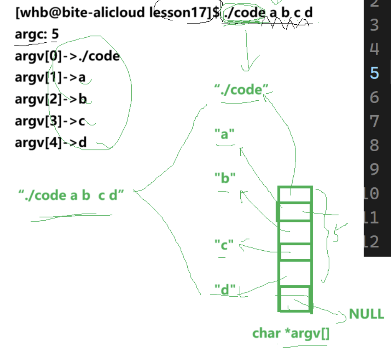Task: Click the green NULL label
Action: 366,314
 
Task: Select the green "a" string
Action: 224,134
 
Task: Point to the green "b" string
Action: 225,178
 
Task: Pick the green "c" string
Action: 224,245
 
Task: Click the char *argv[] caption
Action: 291,333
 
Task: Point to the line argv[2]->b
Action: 51,99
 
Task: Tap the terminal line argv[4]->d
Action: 51,143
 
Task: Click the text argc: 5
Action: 37,34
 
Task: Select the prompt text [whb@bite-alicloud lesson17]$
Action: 117,12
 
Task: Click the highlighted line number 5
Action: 374,73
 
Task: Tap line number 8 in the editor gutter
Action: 374,145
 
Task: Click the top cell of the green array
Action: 295,194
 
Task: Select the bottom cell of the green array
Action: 295,299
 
